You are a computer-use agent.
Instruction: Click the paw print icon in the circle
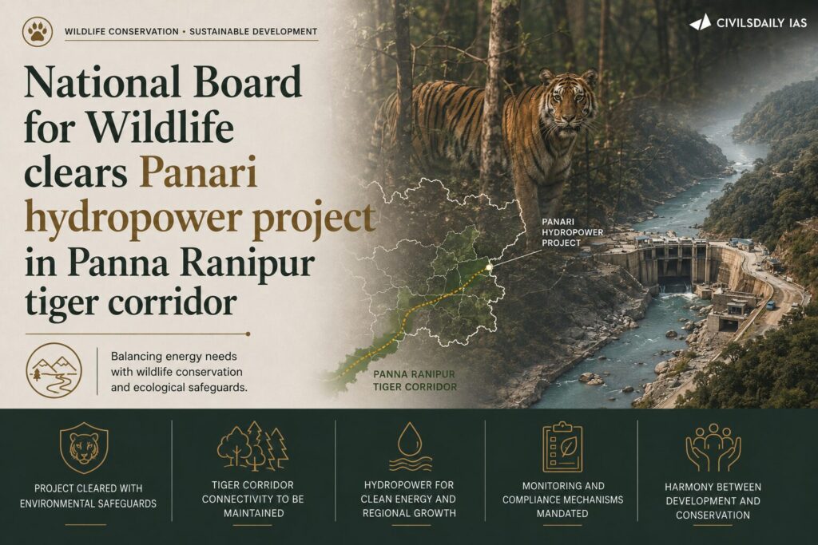pos(38,31)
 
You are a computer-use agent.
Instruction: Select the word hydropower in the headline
pos(133,218)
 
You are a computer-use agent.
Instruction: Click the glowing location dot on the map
pos(490,267)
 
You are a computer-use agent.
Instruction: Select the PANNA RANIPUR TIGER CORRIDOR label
pos(415,381)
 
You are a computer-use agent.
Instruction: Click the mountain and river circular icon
pos(54,370)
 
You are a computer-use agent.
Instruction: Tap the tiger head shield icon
pos(84,448)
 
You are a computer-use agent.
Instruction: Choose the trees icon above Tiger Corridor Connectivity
pos(253,445)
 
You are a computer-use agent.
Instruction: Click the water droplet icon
pos(410,447)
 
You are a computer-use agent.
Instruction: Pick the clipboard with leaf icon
pos(562,447)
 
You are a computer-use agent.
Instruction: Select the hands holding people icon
pos(713,447)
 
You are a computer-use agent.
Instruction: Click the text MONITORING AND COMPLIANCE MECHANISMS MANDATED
pos(563,500)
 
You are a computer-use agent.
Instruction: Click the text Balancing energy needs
pos(173,357)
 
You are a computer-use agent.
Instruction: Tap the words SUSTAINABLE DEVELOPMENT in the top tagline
pos(253,31)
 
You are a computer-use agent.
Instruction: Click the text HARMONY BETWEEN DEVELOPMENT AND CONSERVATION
pos(713,500)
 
